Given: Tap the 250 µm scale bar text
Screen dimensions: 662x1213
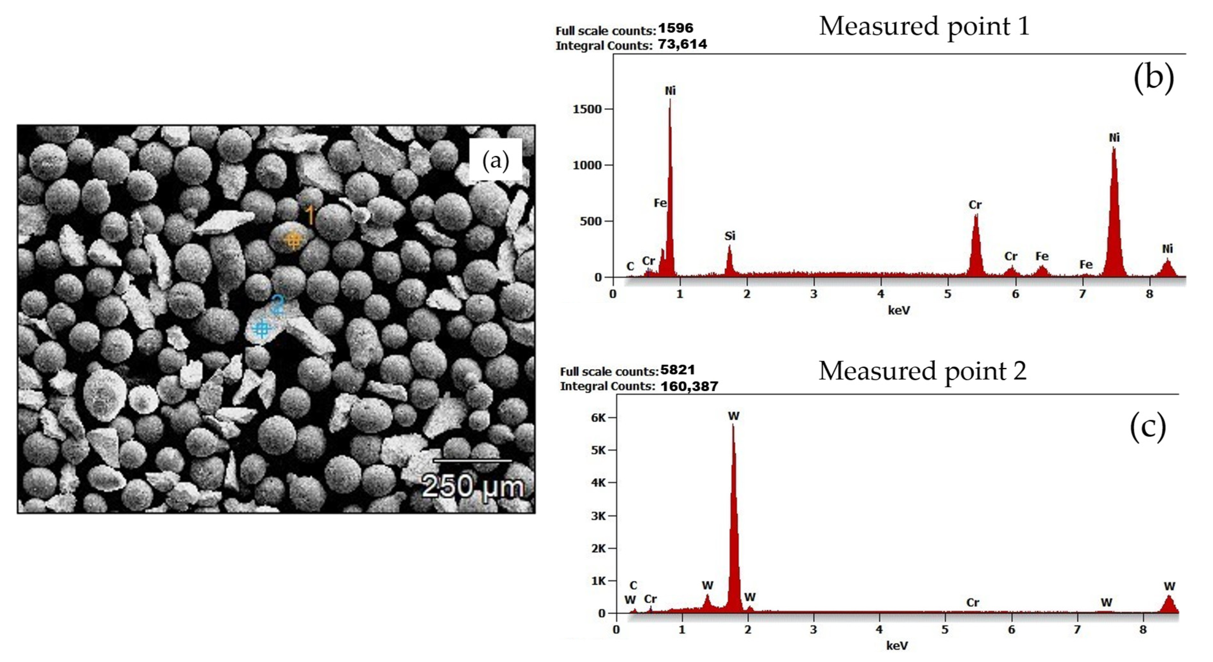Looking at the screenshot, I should click(x=472, y=486).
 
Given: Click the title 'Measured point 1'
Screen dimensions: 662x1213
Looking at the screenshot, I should click(x=924, y=26).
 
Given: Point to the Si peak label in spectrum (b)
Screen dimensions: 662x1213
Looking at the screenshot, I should click(x=729, y=236).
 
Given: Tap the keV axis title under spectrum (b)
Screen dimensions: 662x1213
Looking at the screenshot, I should click(x=898, y=310).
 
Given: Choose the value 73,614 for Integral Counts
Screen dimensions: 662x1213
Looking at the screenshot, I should click(x=683, y=44).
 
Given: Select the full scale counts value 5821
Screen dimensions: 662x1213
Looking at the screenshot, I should click(x=677, y=370).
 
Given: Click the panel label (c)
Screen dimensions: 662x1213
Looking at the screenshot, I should click(x=1148, y=426).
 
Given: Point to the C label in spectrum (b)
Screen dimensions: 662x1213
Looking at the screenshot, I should click(x=630, y=267).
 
